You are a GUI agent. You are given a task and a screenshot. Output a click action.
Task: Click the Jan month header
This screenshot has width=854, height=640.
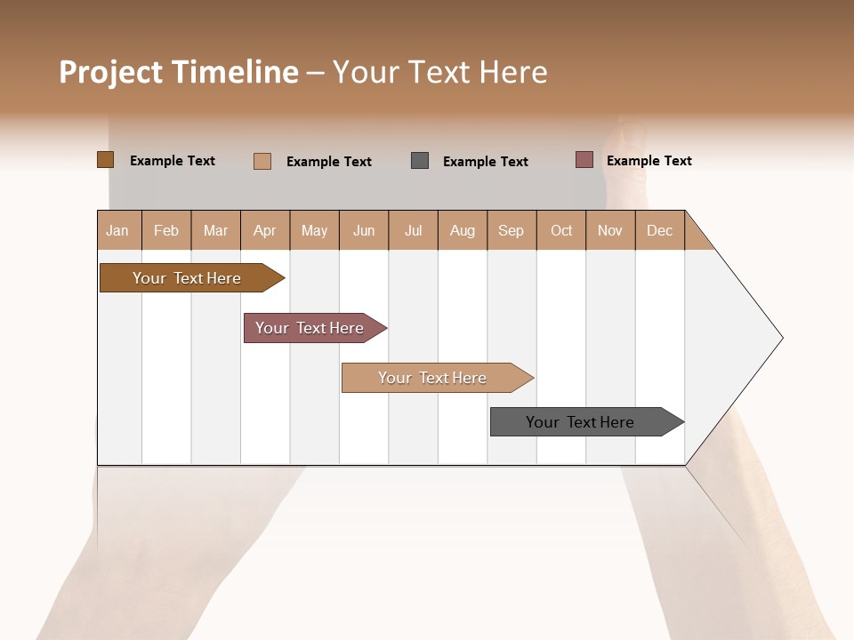tap(118, 230)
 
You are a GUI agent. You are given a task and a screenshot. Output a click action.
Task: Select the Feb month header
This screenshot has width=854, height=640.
tap(166, 230)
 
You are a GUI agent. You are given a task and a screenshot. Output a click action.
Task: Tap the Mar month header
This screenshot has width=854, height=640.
tap(215, 230)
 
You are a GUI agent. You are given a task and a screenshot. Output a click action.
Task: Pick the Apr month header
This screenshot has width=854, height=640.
tap(265, 230)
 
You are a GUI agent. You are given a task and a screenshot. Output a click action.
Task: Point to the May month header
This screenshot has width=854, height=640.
tap(314, 230)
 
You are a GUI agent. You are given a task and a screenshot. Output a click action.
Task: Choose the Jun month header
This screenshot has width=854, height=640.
tap(364, 230)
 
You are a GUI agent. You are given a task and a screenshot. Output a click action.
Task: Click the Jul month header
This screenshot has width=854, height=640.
tap(413, 230)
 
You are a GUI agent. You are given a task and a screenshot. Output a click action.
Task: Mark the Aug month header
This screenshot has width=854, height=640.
tap(463, 230)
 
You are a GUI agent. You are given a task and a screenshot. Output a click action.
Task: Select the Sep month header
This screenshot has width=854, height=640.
tap(512, 230)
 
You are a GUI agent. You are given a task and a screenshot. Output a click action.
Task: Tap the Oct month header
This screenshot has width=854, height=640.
tap(561, 230)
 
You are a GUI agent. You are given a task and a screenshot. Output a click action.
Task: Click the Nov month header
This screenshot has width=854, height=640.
tap(610, 230)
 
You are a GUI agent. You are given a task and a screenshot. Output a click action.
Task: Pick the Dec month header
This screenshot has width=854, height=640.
tap(660, 230)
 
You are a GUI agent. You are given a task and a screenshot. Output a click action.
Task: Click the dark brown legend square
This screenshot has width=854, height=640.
tap(105, 160)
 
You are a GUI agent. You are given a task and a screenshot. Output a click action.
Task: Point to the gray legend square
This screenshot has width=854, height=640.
tap(420, 160)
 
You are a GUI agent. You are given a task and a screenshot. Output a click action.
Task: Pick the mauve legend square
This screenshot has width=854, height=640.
tap(584, 160)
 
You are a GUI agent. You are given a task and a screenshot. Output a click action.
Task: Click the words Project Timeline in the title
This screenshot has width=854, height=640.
tap(179, 72)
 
